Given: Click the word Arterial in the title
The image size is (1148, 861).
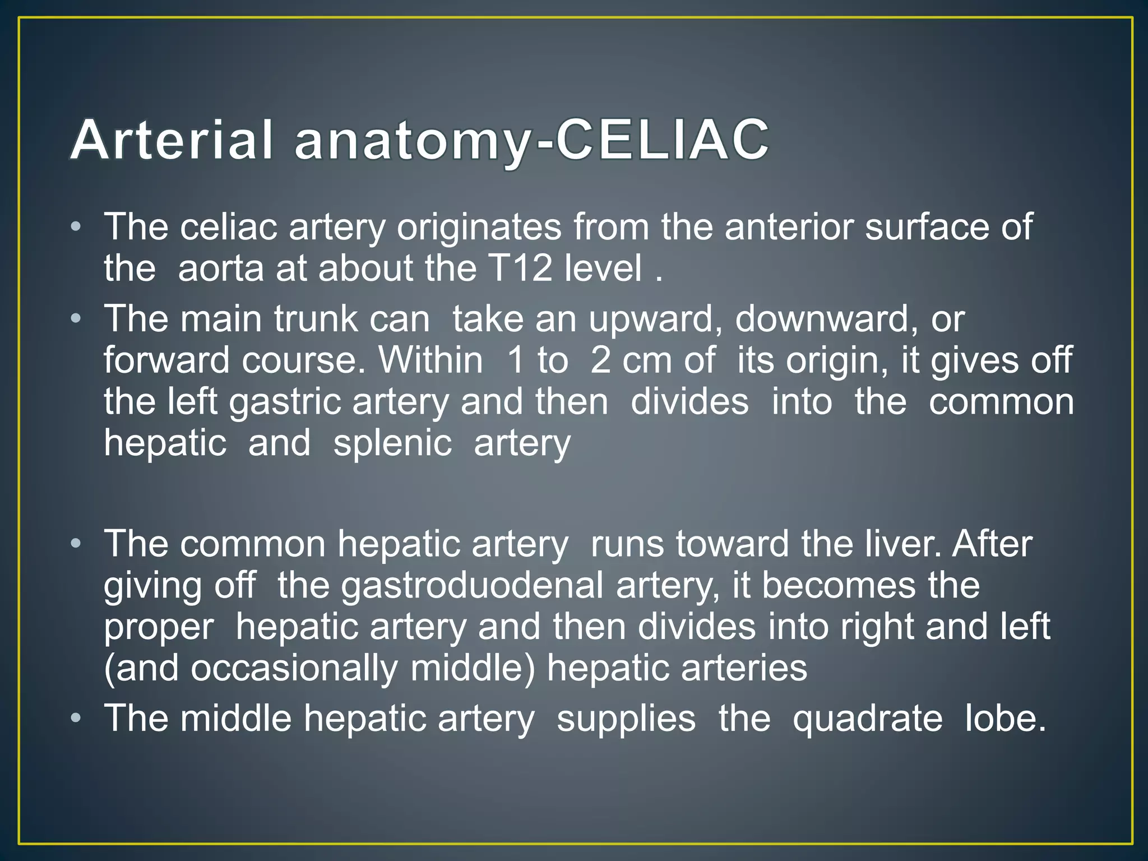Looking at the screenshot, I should [172, 140].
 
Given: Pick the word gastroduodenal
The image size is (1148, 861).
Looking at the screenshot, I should [472, 585].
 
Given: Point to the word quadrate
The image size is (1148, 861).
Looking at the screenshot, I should [867, 719].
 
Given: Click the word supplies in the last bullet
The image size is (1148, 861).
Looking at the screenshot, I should [626, 719].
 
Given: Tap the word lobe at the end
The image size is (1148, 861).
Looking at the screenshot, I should [1004, 719].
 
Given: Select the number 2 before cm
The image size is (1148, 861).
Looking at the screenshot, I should [600, 360].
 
